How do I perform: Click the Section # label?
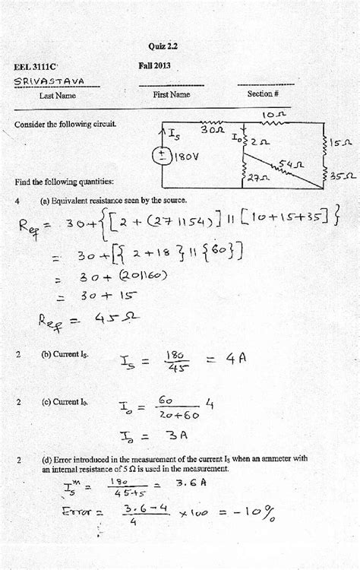click(263, 95)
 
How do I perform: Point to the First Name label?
click(171, 95)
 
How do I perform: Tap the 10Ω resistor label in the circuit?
click(271, 115)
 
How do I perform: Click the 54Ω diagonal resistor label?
click(289, 163)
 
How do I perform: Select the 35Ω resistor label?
click(343, 176)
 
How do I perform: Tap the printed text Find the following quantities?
click(64, 182)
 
